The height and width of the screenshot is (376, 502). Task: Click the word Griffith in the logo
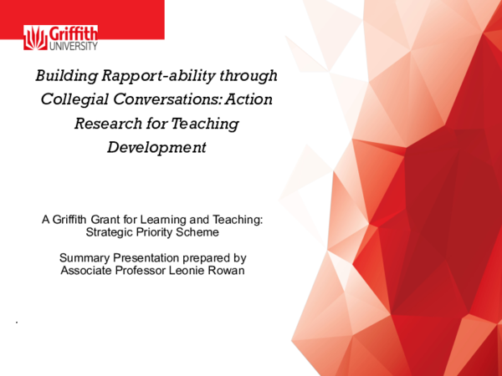pos(74,33)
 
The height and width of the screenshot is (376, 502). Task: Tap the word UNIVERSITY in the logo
pos(74,46)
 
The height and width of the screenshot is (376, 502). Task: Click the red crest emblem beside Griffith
pos(36,39)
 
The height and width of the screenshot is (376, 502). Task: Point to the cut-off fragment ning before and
pos(176,220)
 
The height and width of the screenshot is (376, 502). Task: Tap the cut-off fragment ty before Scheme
pos(170,232)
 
